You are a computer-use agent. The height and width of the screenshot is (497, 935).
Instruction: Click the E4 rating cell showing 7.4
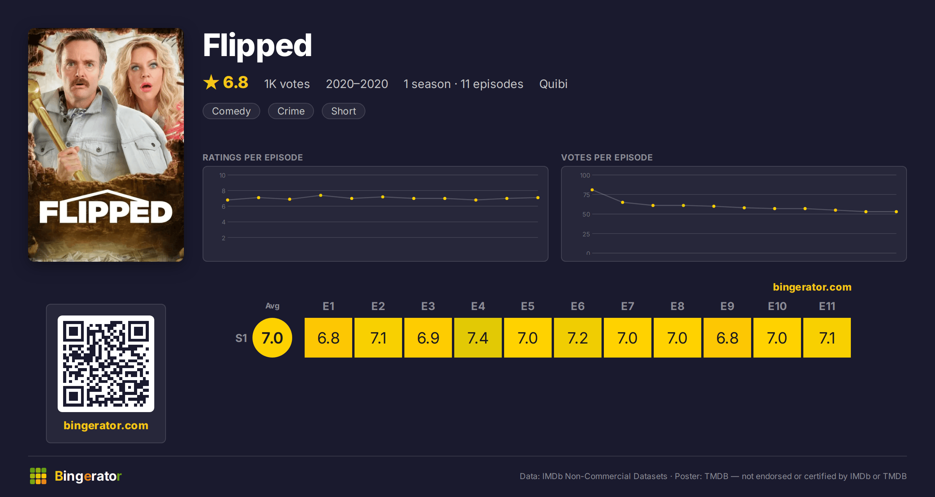pyautogui.click(x=478, y=338)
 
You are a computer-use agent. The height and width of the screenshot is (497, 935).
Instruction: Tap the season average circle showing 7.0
pyautogui.click(x=272, y=338)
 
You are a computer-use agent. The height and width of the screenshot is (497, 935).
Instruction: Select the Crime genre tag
pyautogui.click(x=291, y=111)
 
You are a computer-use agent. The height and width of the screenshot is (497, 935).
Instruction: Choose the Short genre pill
pyautogui.click(x=343, y=111)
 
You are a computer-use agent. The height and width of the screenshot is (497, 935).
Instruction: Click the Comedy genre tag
pyautogui.click(x=231, y=111)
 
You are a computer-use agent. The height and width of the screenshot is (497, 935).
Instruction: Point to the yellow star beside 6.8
pyautogui.click(x=211, y=82)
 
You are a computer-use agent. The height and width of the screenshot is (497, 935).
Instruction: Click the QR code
pyautogui.click(x=106, y=364)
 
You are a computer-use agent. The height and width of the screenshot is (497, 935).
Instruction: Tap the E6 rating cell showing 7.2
pyautogui.click(x=577, y=338)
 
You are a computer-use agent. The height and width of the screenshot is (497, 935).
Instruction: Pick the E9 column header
pyautogui.click(x=727, y=306)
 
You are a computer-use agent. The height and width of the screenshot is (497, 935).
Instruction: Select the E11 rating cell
pyautogui.click(x=827, y=338)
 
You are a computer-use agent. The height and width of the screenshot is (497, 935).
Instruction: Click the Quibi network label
pyautogui.click(x=553, y=84)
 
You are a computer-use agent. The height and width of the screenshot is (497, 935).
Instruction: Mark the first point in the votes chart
pyautogui.click(x=592, y=190)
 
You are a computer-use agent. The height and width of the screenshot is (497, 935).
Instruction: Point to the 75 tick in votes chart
pyautogui.click(x=586, y=195)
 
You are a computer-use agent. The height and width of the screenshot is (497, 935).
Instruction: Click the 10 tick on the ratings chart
pyautogui.click(x=222, y=175)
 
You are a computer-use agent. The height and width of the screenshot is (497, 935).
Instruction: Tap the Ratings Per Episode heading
pyautogui.click(x=253, y=157)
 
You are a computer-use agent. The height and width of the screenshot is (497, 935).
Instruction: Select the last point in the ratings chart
pyautogui.click(x=538, y=198)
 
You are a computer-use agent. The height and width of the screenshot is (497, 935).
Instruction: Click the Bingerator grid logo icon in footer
pyautogui.click(x=38, y=476)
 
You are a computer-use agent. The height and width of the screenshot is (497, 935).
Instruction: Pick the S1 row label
pyautogui.click(x=241, y=338)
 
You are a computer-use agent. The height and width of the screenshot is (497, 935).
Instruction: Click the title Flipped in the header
pyautogui.click(x=258, y=46)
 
